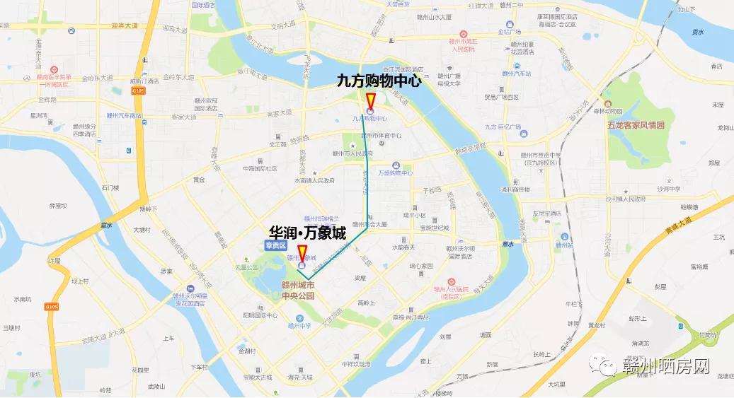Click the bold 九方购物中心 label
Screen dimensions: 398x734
pyautogui.click(x=379, y=81)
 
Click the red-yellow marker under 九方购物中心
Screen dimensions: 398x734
pyautogui.click(x=370, y=101)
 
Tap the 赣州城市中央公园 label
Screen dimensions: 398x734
pyautogui.click(x=297, y=291)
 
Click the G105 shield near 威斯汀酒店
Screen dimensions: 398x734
pyautogui.click(x=137, y=90)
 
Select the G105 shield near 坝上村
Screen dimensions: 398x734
pyautogui.click(x=51, y=307)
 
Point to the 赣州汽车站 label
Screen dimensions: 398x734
pyautogui.click(x=516, y=73)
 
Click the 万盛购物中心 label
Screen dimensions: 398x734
pyautogui.click(x=395, y=172)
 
